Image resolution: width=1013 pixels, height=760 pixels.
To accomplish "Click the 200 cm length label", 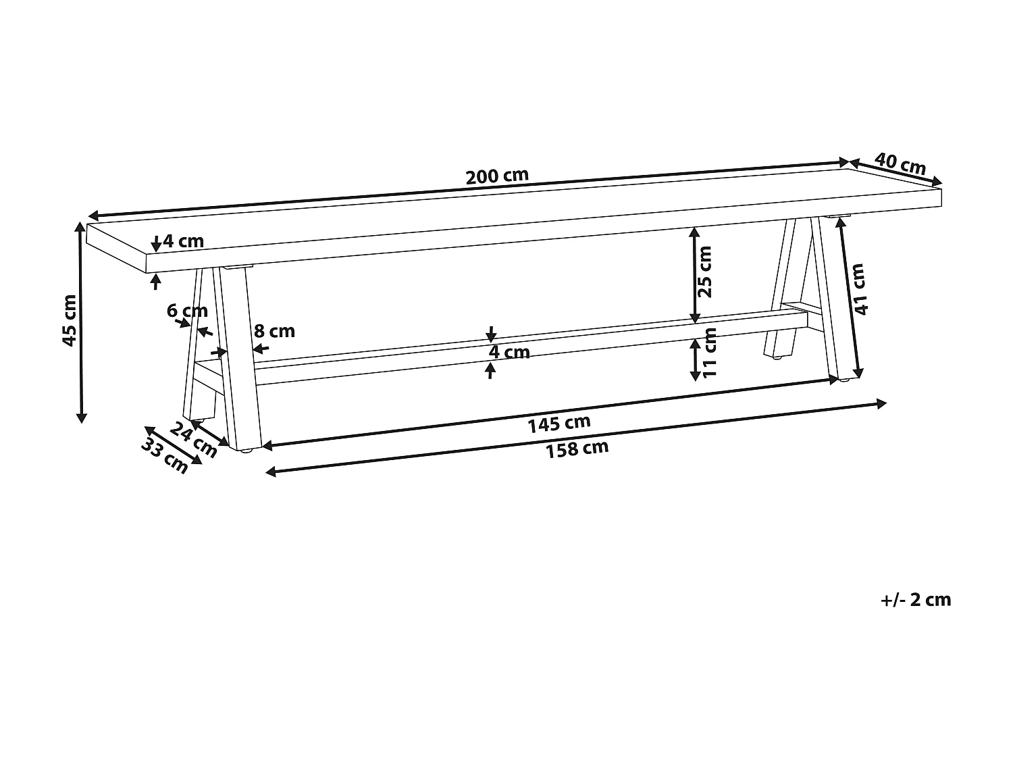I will click(x=497, y=176).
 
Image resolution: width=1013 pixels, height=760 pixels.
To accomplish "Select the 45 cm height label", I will click(x=69, y=320).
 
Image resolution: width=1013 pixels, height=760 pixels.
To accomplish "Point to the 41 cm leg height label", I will click(x=859, y=289).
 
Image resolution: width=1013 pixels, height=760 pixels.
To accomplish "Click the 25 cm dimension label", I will click(x=704, y=272).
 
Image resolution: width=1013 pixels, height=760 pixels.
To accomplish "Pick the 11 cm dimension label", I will click(x=708, y=353).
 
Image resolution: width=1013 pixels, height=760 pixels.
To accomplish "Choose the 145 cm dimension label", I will click(x=559, y=424).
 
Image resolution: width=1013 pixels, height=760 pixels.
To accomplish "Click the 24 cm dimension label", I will click(x=193, y=440).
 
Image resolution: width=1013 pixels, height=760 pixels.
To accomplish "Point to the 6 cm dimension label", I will click(x=187, y=311).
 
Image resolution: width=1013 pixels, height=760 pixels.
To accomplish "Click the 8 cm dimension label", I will click(x=274, y=331).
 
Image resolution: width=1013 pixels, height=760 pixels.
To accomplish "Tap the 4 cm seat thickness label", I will click(x=183, y=240).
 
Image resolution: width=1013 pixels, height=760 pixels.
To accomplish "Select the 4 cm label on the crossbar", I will click(x=509, y=352).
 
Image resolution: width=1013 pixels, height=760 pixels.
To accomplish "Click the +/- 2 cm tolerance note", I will click(x=916, y=599).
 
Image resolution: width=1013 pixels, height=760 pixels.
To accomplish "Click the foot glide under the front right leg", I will click(x=843, y=382).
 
